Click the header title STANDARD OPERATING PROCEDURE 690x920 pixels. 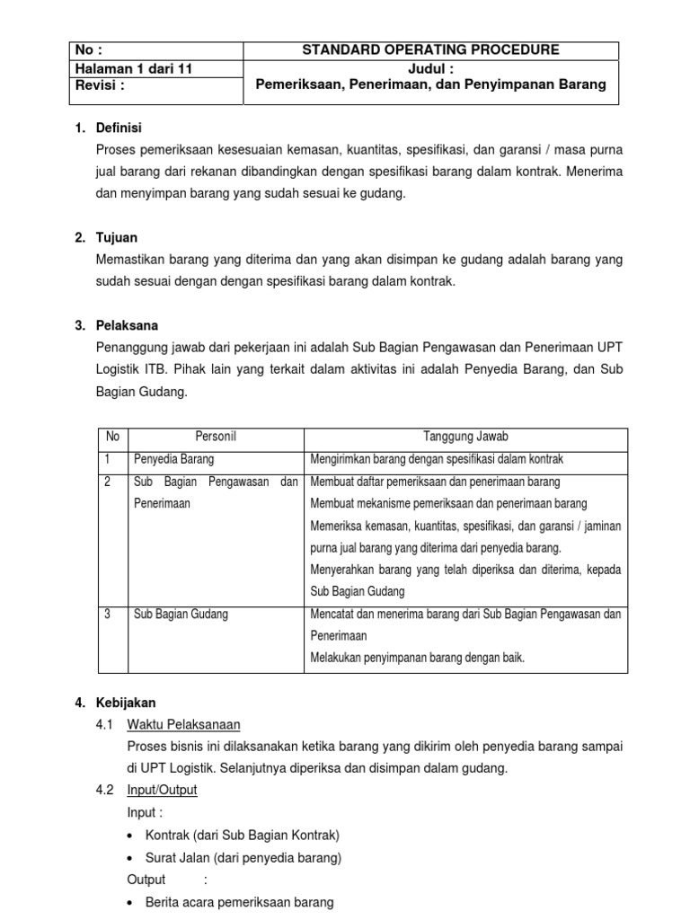coord(430,49)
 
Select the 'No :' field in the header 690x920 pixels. coord(94,50)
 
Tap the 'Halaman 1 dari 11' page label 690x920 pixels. coord(136,67)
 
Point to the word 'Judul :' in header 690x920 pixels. coord(430,67)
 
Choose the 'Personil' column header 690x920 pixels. coord(216,437)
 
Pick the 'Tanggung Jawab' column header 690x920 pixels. coord(466,437)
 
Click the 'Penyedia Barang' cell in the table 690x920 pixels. coord(173,459)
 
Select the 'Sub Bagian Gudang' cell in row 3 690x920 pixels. coord(181,614)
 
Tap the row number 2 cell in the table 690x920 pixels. coord(108,482)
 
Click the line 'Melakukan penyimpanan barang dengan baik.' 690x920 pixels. coord(417,658)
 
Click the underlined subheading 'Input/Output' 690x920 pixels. coord(162,790)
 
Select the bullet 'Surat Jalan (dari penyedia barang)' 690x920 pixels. coord(243,857)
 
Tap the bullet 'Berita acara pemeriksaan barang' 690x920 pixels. coord(239,901)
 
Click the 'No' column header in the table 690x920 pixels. coord(112,437)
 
